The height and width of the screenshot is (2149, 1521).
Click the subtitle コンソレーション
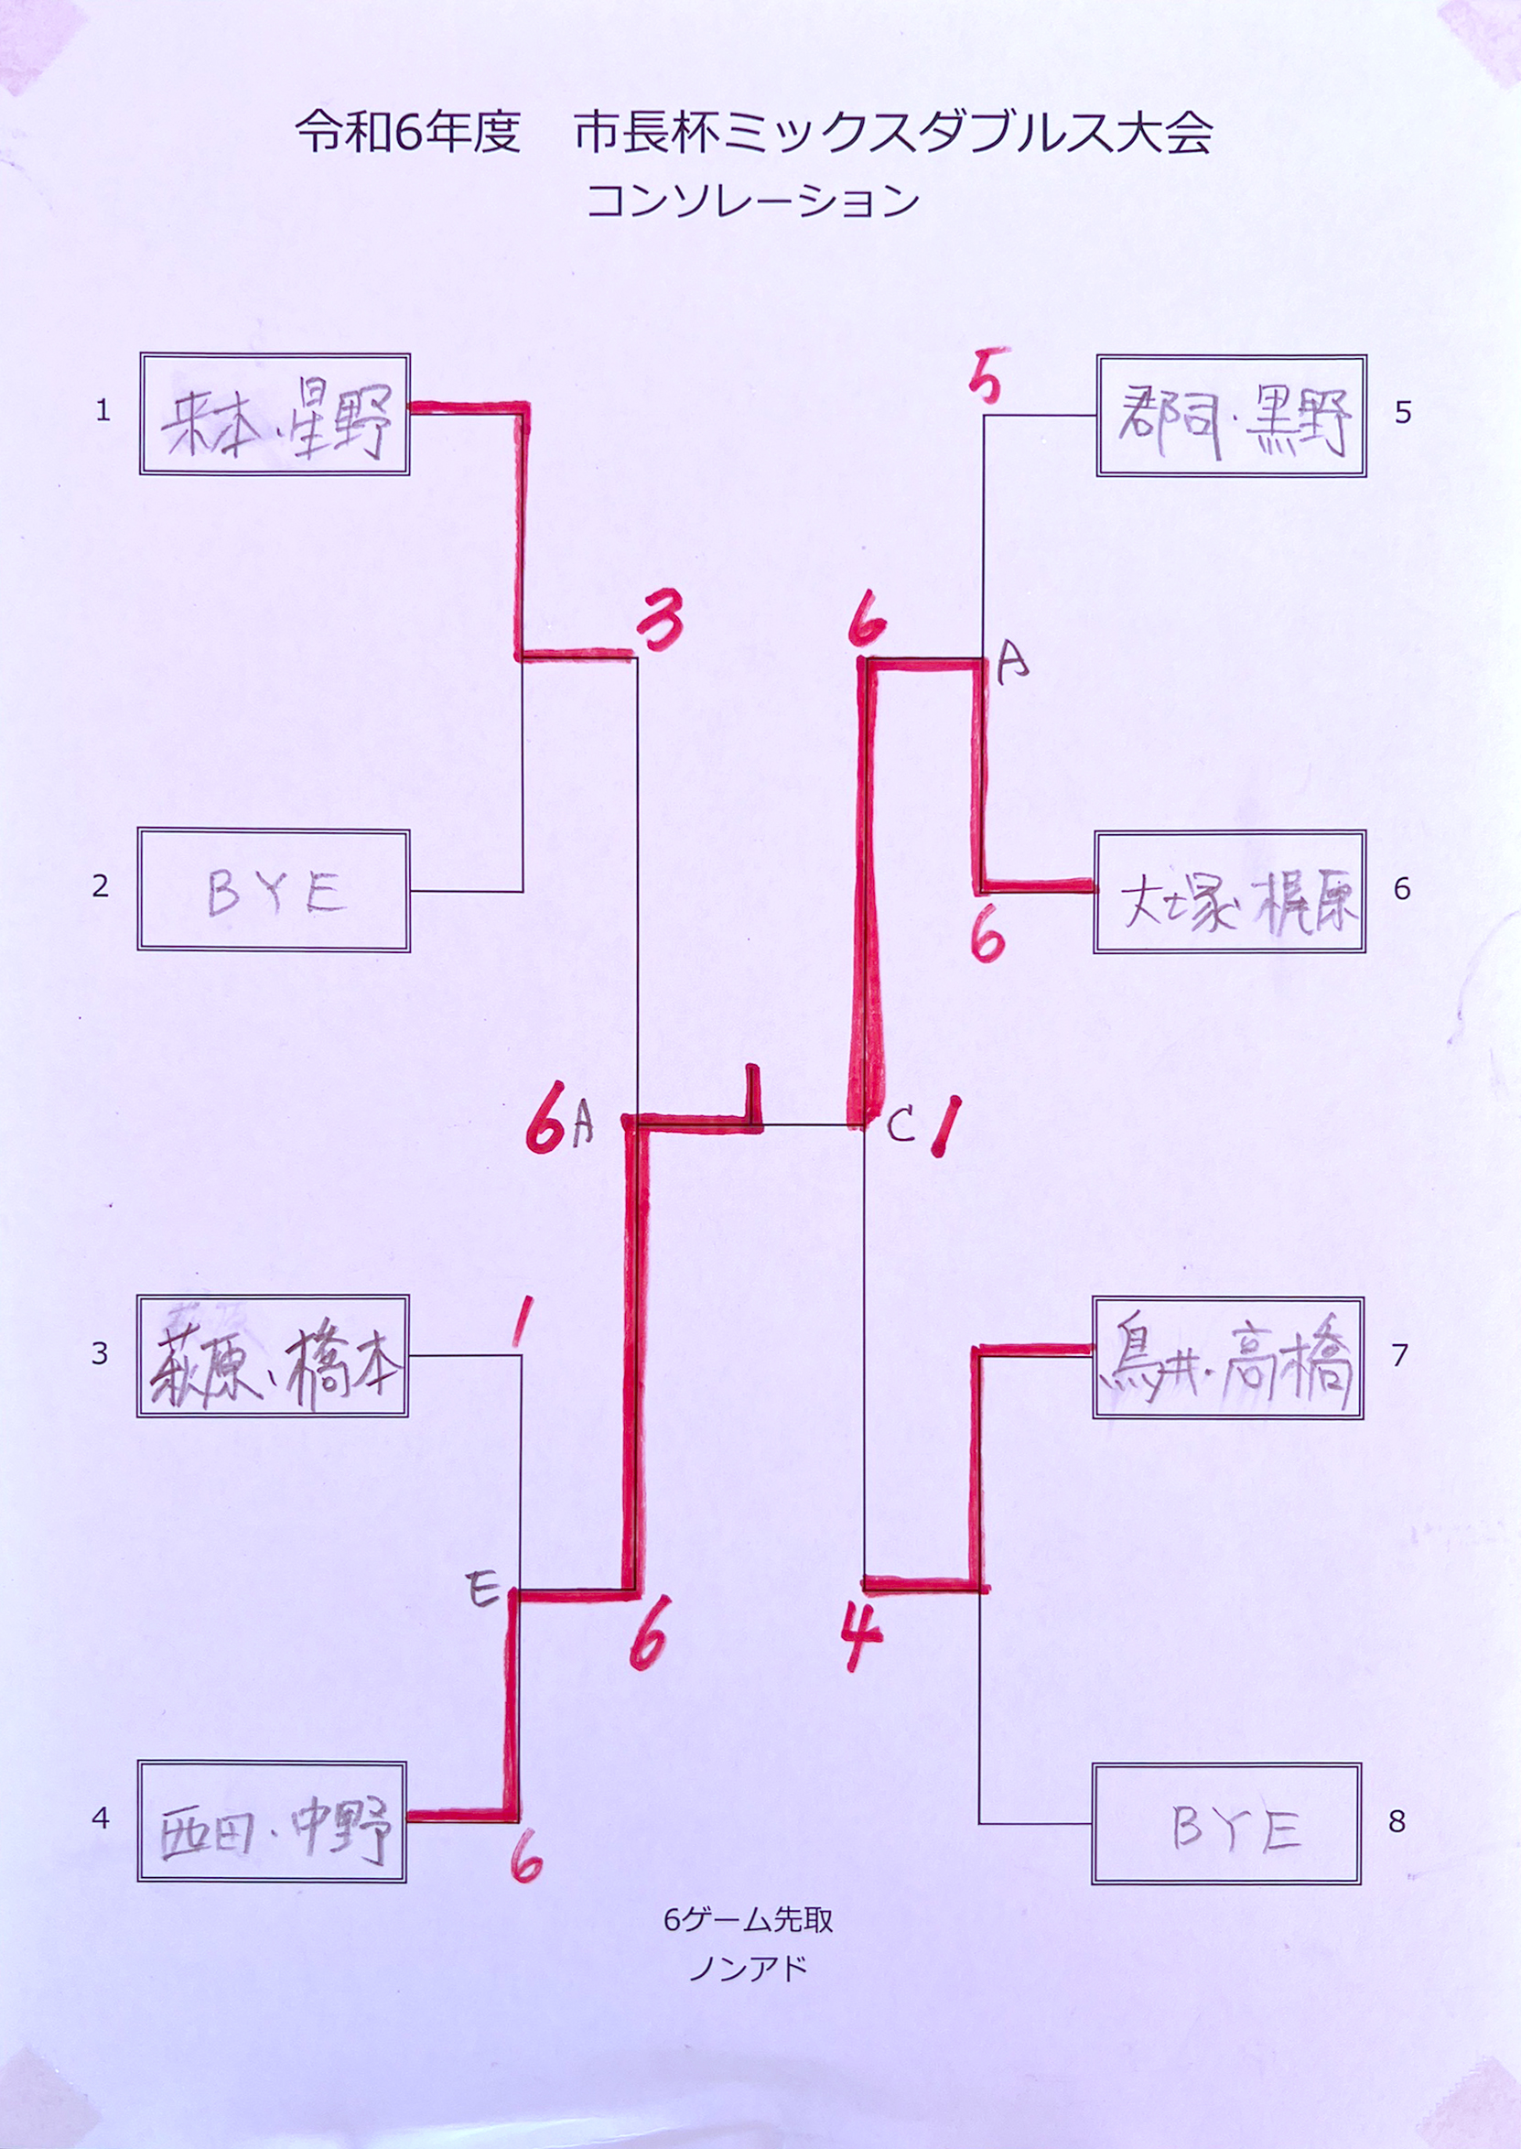coord(752,201)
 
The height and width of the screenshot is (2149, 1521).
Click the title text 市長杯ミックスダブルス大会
coord(893,133)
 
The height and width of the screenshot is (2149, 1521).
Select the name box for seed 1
coord(275,414)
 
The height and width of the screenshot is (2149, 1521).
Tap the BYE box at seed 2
coord(274,890)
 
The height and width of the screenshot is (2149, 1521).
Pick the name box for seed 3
coord(273,1355)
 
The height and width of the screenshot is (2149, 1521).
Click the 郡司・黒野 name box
coord(1231,416)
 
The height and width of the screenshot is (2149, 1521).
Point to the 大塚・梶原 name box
coord(1229,892)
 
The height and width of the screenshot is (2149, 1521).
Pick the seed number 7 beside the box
coord(1400,1355)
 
